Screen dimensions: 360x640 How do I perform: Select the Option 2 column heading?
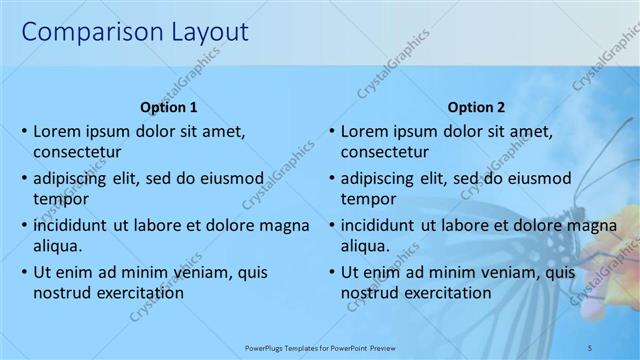tap(477, 107)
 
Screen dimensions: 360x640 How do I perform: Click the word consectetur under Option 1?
tap(77, 153)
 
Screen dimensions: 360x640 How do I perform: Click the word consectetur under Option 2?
tap(385, 153)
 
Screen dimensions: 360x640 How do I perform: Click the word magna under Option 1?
tap(286, 225)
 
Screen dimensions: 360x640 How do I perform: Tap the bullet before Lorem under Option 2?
tap(330, 131)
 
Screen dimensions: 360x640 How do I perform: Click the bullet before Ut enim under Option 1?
tap(23, 271)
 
